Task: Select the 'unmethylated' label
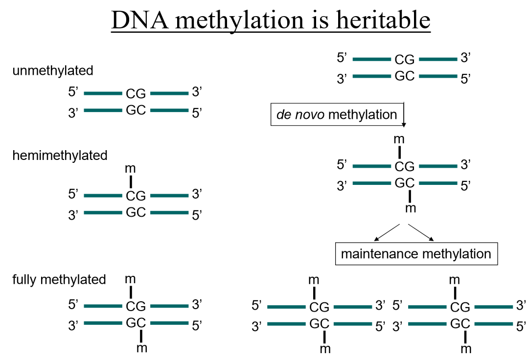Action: coord(53,70)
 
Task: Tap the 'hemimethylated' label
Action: coord(60,156)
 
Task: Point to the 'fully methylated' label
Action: coord(59,280)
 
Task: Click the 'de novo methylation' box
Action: coord(337,115)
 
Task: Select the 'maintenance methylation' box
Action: coord(415,254)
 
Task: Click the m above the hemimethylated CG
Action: coord(131,169)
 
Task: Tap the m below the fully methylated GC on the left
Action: coord(141,348)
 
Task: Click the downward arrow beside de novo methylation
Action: coord(404,115)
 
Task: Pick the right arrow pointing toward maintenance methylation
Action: coord(421,232)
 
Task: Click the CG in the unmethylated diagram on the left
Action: coord(136,93)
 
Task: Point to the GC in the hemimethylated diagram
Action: coord(136,213)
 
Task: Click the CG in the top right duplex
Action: coord(405,60)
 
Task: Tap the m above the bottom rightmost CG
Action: coord(455,280)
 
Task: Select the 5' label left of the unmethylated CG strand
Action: coord(73,91)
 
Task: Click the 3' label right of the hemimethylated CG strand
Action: coord(197,194)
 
